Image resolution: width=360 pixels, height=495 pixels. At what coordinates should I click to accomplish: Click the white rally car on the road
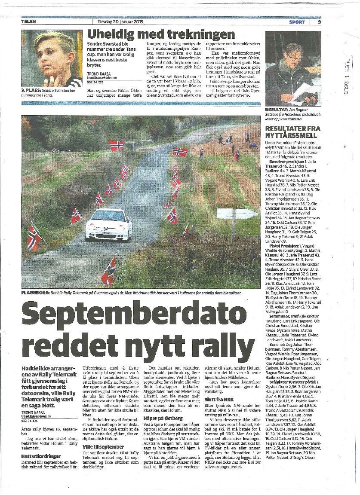[x=108, y=224]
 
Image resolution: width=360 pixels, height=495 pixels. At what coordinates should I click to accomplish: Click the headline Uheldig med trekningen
[x=161, y=34]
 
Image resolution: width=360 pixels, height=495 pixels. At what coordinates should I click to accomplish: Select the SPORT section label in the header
[x=297, y=22]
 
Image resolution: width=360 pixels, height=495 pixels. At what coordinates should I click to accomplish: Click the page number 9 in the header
[x=320, y=22]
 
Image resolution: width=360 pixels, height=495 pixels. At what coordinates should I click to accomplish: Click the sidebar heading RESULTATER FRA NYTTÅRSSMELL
[x=292, y=131]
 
